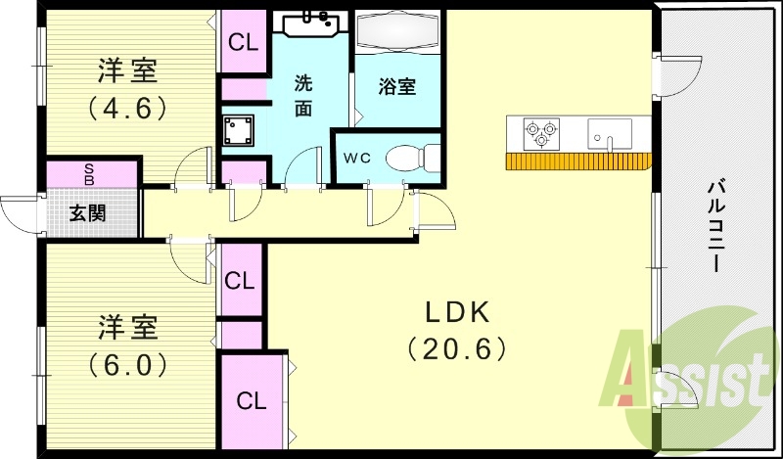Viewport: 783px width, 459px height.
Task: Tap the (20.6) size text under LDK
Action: tap(457, 346)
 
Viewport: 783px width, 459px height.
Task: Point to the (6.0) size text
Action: tap(127, 364)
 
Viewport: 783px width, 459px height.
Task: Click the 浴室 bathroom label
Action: tap(396, 86)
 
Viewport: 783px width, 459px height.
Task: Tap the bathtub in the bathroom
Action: tap(396, 33)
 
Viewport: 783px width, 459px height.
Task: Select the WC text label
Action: tap(354, 158)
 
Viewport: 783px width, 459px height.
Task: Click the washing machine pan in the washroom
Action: tap(239, 130)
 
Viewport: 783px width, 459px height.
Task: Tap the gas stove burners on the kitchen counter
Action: tap(541, 133)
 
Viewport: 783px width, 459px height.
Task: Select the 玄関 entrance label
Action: tap(88, 211)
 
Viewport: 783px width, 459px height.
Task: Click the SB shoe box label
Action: tap(89, 174)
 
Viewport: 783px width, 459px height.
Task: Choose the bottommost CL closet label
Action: tap(252, 400)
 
